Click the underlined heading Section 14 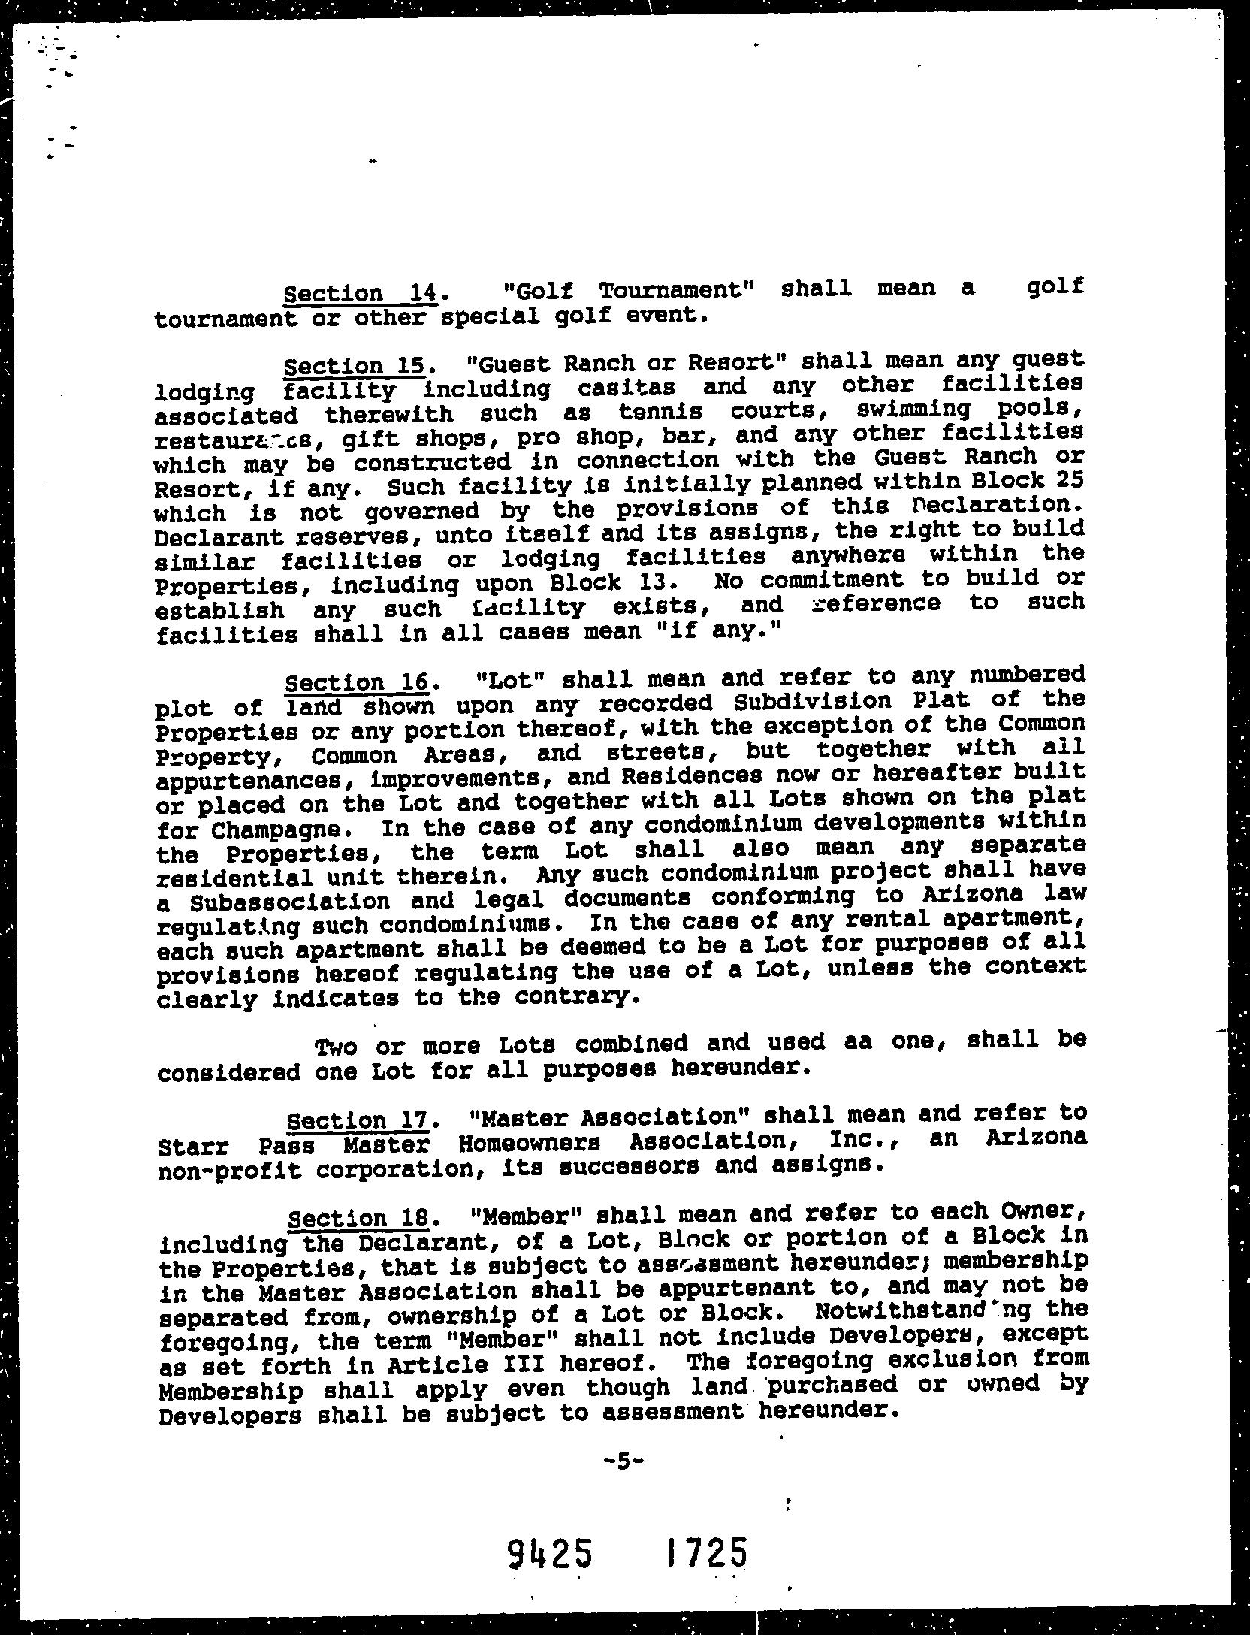(359, 292)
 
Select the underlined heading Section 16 (358, 682)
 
